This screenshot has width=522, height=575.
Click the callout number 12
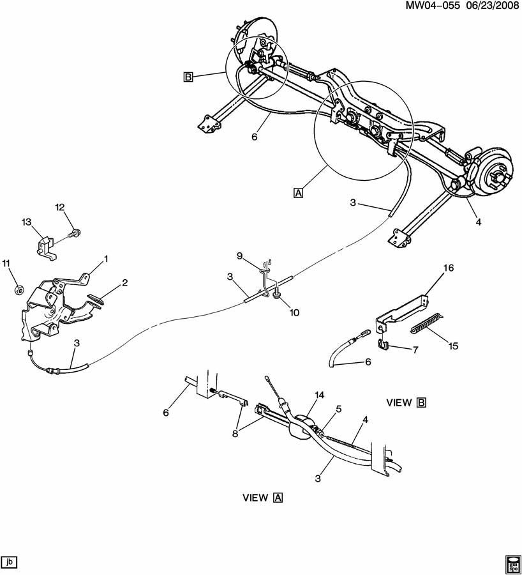point(60,207)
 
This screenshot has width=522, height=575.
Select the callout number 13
point(26,222)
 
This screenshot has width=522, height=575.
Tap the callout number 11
point(6,263)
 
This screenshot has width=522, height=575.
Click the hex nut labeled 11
point(19,289)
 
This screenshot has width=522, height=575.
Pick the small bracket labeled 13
point(46,247)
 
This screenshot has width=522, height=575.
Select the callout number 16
point(449,268)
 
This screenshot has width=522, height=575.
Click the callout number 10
point(294,312)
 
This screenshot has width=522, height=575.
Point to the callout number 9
point(239,256)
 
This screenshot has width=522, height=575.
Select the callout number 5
point(338,408)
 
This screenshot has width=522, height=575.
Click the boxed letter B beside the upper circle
point(188,77)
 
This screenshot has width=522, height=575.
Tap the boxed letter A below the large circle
point(299,193)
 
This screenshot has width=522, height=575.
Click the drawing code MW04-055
point(433,6)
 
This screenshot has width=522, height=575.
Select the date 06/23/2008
point(492,6)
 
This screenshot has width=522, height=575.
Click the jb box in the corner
point(9,562)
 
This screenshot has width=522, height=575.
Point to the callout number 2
point(125,283)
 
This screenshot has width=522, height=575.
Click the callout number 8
point(235,433)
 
